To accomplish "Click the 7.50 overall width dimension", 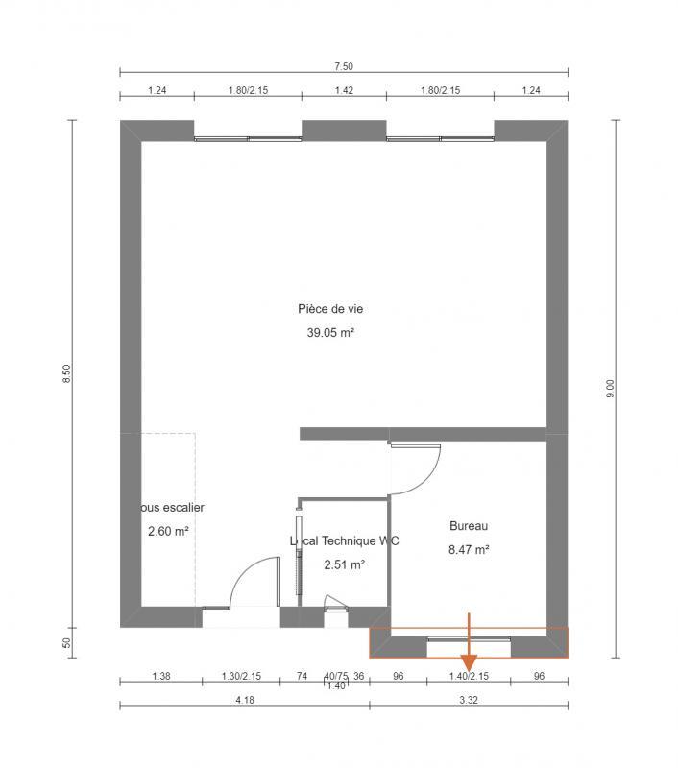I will click(344, 66).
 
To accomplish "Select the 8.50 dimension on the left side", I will click(66, 374).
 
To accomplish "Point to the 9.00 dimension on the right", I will click(610, 389).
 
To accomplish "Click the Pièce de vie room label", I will click(330, 309).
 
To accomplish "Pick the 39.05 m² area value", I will click(330, 334).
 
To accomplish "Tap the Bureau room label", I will click(469, 526).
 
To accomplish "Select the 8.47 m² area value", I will click(469, 550).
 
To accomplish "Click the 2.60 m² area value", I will click(168, 530).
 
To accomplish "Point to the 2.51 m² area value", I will click(344, 564).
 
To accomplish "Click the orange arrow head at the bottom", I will click(469, 663).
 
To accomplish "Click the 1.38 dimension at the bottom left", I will click(161, 676).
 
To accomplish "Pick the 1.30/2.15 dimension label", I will click(241, 676).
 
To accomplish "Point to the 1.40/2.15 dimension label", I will click(469, 676).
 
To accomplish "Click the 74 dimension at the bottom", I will click(302, 676).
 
